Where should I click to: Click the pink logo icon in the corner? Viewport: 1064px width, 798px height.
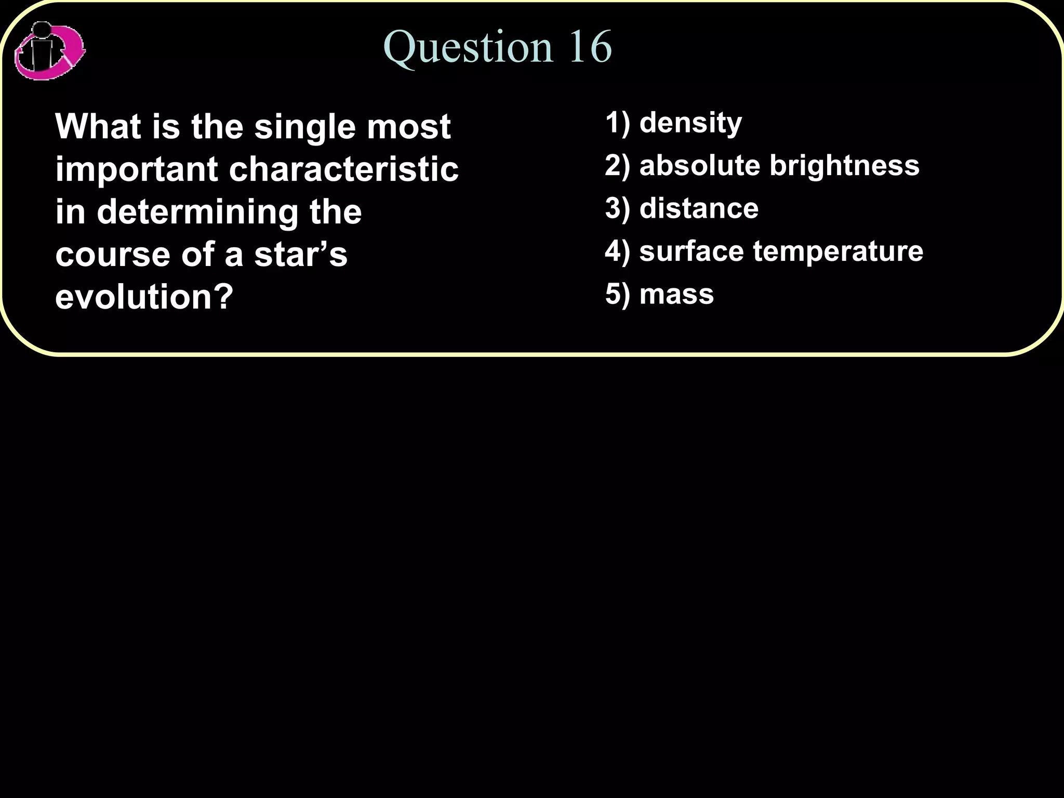click(x=49, y=51)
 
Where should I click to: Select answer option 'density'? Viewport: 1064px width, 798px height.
click(x=690, y=124)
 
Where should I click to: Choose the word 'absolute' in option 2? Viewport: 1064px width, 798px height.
click(x=699, y=165)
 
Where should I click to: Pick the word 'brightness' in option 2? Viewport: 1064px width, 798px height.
click(x=844, y=165)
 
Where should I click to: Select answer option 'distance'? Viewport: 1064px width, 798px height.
click(x=699, y=208)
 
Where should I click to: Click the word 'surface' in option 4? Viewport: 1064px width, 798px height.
click(x=691, y=251)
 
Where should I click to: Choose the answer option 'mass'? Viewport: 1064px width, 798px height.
click(x=676, y=294)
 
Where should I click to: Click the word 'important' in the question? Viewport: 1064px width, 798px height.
click(x=137, y=170)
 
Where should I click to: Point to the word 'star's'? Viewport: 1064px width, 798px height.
click(x=301, y=255)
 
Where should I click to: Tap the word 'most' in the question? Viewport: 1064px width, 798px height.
click(x=409, y=127)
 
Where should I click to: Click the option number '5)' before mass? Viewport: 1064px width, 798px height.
click(x=617, y=294)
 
